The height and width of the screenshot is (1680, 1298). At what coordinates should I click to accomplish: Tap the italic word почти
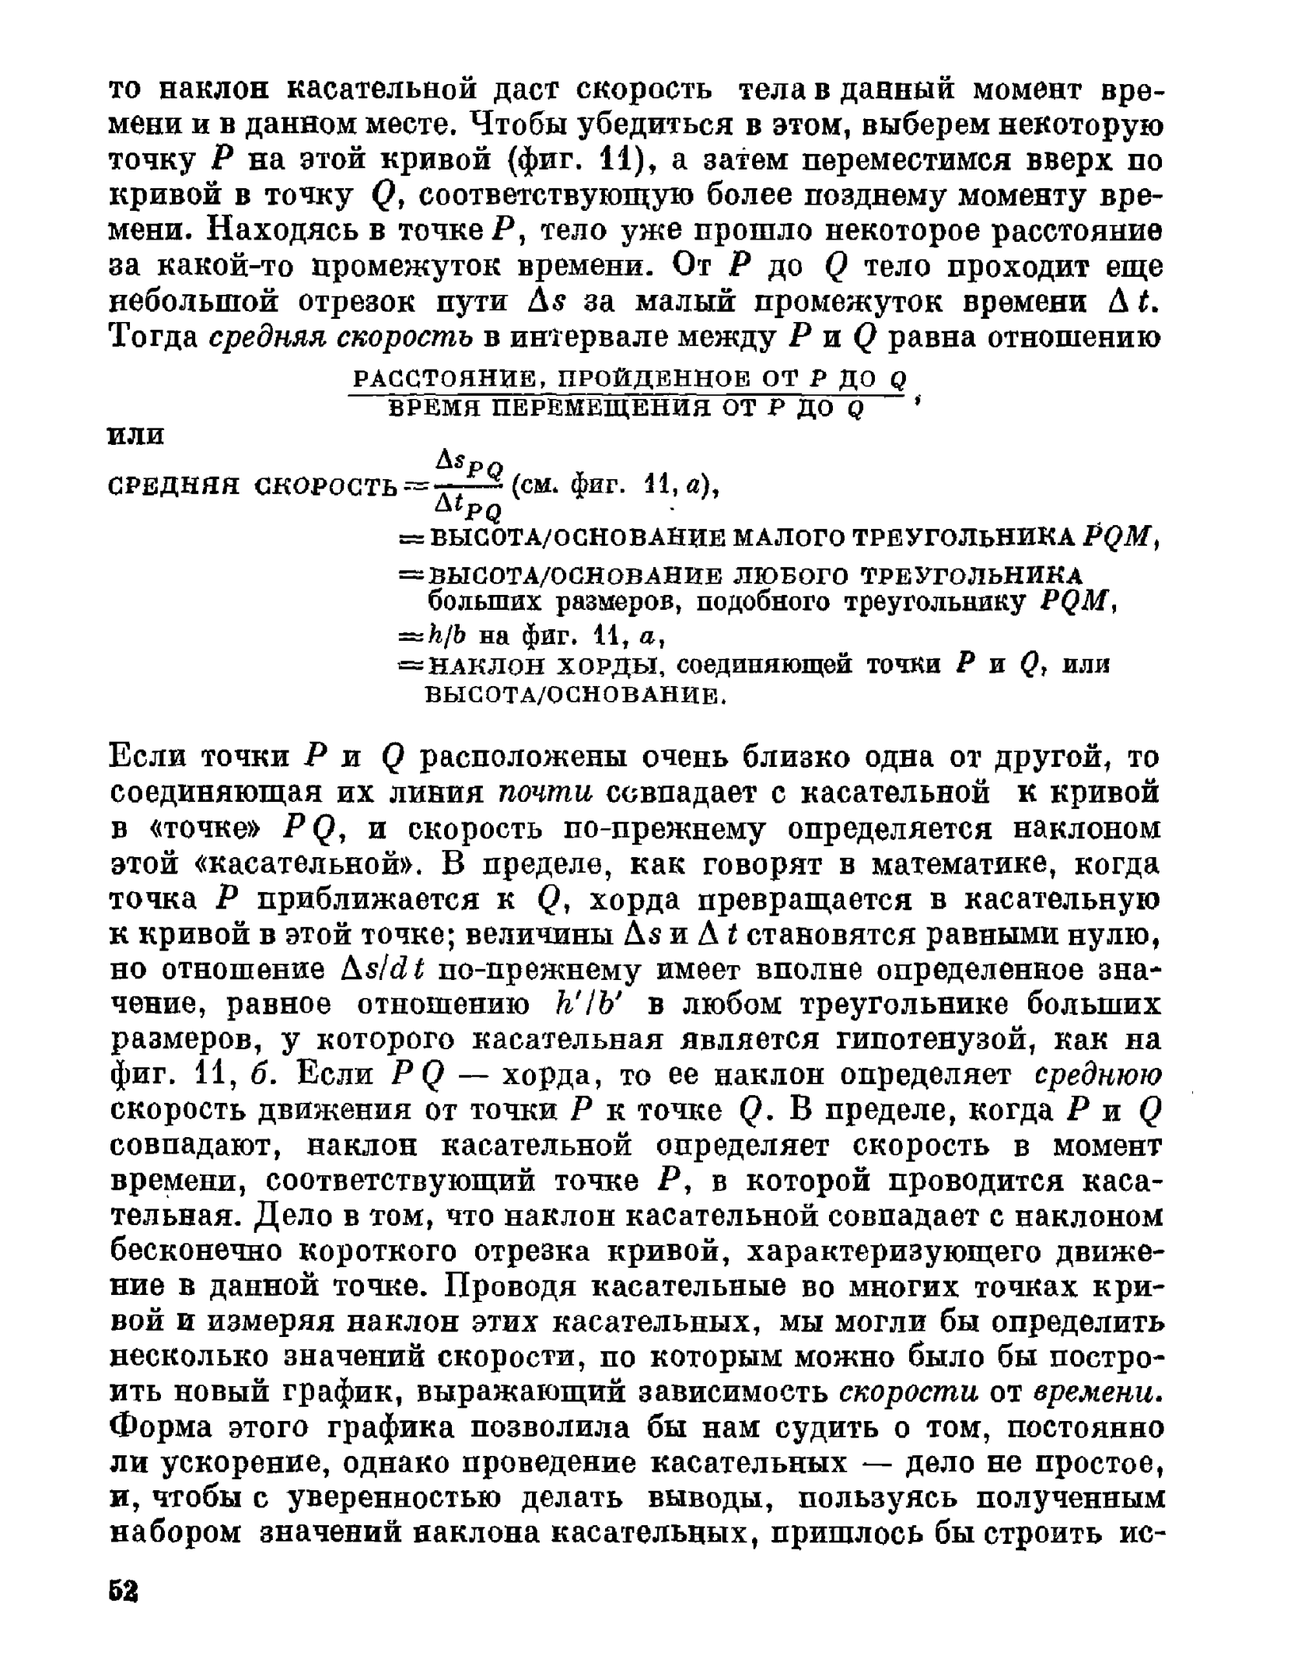548,792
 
